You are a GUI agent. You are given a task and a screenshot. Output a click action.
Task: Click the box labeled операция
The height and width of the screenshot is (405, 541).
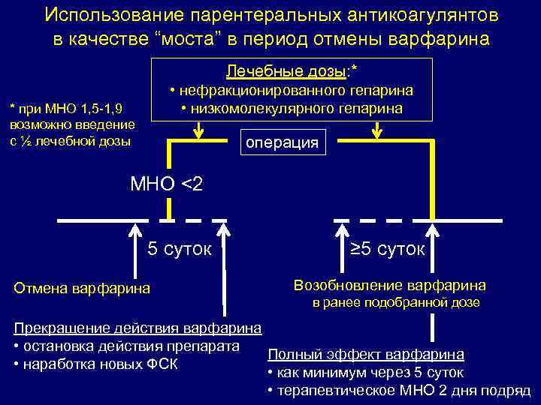[283, 142]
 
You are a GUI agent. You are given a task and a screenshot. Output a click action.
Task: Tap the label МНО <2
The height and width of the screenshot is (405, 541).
[166, 184]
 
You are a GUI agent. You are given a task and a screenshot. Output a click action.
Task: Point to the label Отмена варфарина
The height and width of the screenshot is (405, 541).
[83, 288]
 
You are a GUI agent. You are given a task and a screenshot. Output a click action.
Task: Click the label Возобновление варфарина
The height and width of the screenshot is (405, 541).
[389, 286]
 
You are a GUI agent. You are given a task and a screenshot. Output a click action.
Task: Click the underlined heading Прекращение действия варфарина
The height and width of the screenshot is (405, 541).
[138, 328]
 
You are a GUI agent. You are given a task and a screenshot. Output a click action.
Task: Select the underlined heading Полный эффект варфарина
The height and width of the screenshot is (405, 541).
[366, 354]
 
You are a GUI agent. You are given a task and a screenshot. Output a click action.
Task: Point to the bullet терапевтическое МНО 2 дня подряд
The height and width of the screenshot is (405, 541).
[399, 391]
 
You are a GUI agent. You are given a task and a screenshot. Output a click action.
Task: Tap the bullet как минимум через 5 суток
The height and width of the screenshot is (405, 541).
[365, 373]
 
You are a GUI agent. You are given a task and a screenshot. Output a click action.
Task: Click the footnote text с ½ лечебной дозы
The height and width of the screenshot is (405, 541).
[71, 141]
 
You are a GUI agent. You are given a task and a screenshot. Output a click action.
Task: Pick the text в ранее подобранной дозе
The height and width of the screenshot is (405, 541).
[396, 303]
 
